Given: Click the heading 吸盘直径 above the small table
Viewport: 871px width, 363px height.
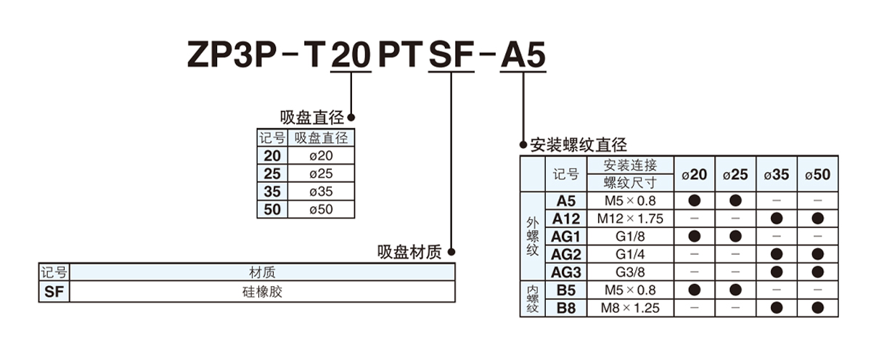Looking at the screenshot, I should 312,118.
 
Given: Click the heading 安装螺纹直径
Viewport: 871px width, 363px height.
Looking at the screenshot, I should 578,144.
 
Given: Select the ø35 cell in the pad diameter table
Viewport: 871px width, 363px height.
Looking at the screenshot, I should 321,192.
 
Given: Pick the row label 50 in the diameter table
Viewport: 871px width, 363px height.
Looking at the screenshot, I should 272,210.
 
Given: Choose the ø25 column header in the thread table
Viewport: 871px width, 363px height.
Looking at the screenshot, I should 735,174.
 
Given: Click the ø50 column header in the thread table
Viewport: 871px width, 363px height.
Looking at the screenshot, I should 818,174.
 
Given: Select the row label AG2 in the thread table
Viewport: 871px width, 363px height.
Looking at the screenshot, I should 566,254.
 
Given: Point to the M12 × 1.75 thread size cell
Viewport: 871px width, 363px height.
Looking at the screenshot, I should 630,219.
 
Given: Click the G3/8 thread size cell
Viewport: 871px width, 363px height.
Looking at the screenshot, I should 630,272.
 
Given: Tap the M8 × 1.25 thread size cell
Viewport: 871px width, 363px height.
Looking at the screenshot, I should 630,308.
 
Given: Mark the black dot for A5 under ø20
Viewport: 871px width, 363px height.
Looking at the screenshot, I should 695,200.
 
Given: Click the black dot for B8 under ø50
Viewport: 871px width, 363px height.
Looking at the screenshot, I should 818,308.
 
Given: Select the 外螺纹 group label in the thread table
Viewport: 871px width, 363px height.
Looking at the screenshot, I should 532,237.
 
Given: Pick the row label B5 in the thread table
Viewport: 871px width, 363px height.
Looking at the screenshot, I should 566,290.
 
